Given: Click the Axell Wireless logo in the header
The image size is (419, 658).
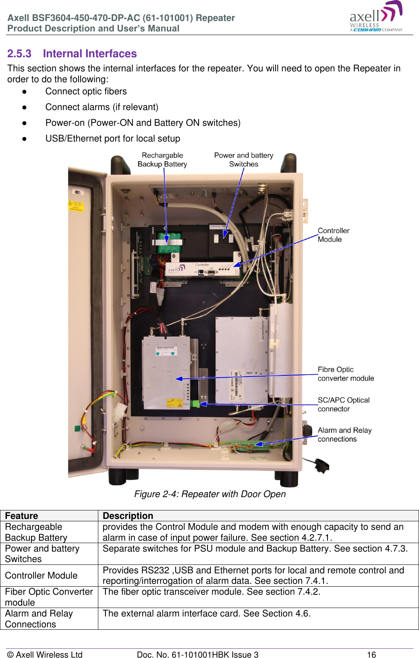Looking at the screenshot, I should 375,17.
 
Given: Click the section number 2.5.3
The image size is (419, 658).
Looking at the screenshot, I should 19,54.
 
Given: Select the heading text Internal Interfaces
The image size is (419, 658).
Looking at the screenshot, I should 90,54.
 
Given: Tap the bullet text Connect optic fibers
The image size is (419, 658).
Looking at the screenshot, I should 86,92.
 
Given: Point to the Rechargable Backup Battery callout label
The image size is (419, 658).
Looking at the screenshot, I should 162,160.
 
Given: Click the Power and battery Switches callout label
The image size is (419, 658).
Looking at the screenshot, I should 243,160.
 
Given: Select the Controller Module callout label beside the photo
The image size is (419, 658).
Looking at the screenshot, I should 333,235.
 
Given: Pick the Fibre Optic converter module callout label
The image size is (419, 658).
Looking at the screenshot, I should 345,374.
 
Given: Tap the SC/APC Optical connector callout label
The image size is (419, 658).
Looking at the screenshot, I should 343,404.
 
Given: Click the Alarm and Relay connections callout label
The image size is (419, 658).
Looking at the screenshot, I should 344,435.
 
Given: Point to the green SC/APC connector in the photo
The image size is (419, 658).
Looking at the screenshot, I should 196,404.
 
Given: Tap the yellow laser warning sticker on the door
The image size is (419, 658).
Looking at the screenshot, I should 76,206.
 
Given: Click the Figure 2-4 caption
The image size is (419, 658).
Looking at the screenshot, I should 210,494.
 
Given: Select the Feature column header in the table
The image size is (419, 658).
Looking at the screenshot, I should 22,516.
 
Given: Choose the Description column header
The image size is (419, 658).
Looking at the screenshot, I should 128,516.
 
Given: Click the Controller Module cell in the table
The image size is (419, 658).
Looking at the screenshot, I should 41,575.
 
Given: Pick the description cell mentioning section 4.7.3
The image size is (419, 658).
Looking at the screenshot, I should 255,549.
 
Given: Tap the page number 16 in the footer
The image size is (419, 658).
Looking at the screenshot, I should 371,654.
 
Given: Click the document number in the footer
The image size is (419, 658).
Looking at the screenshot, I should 197,654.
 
